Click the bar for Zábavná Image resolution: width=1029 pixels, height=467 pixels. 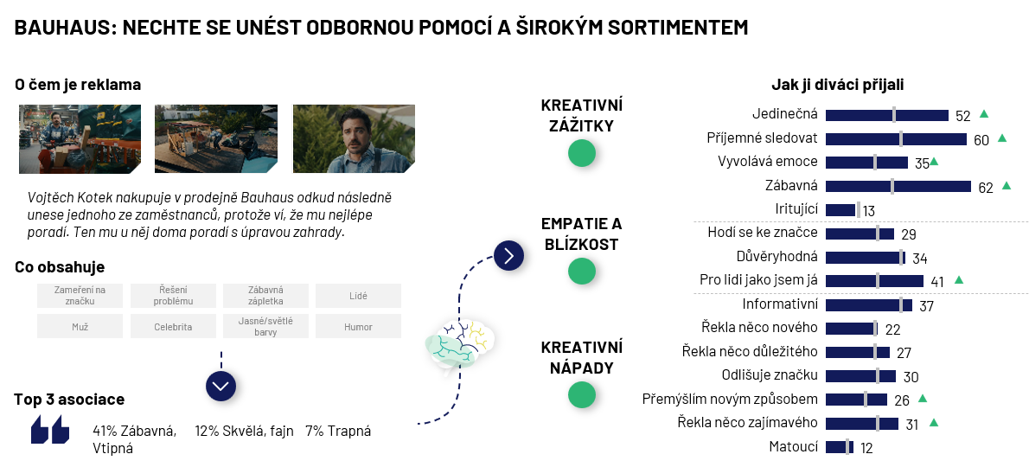[898, 186]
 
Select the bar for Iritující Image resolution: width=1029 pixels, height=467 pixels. [841, 210]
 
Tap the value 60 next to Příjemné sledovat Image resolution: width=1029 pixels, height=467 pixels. [981, 140]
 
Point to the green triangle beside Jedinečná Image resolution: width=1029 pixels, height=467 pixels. [984, 113]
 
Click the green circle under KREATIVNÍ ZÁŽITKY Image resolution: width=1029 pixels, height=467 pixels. [581, 153]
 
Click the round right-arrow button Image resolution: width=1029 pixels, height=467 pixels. [509, 255]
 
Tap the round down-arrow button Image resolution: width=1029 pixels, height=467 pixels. [221, 386]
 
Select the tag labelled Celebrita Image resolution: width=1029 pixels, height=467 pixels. [173, 327]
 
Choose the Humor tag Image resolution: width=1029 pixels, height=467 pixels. [358, 327]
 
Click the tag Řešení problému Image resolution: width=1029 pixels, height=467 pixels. [173, 296]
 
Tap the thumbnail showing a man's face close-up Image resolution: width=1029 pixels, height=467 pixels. [354, 139]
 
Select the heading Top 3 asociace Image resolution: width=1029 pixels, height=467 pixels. [69, 400]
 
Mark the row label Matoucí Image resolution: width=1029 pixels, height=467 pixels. [794, 446]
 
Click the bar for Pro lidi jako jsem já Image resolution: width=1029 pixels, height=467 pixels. [874, 281]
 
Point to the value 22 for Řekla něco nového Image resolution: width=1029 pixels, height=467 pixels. [892, 329]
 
